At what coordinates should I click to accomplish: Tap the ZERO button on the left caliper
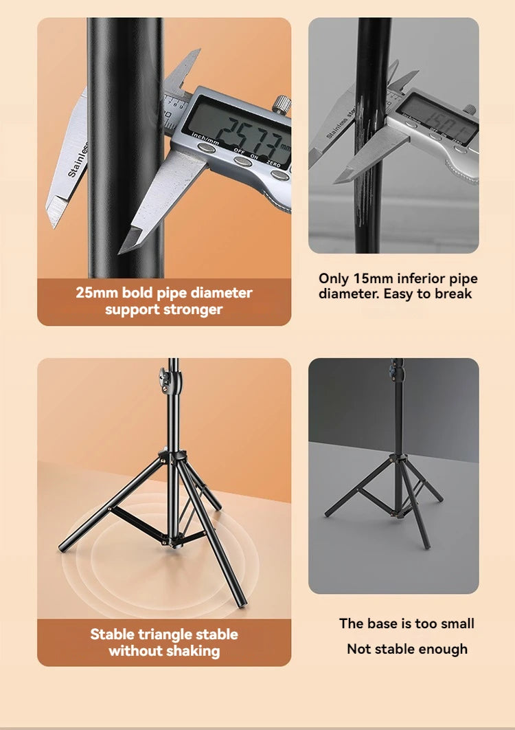(279, 175)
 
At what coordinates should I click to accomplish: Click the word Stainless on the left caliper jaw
(78, 159)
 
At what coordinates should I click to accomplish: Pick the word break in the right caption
(453, 294)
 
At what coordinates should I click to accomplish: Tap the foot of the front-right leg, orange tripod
(241, 604)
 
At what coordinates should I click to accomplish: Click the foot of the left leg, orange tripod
(62, 549)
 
